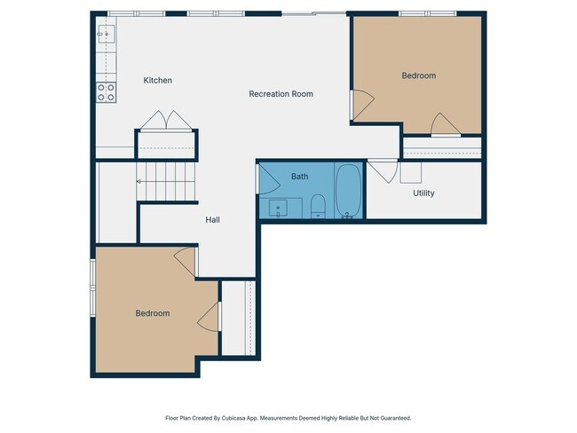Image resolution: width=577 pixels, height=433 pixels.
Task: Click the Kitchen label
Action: point(158,81)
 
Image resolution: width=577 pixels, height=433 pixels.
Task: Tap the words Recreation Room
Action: point(281,94)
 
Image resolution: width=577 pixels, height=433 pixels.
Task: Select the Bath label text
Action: point(300,177)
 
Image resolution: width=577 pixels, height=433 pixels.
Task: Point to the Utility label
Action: point(423,193)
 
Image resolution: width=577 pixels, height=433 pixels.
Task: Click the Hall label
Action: point(212,220)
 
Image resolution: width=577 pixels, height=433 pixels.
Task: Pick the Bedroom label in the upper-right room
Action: point(419,76)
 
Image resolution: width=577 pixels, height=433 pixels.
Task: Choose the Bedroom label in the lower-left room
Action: point(152,313)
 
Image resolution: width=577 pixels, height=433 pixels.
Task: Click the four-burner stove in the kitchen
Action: point(107,91)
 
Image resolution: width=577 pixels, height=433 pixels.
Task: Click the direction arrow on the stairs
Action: point(140,182)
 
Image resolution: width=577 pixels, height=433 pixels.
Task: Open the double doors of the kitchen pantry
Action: point(165,121)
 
